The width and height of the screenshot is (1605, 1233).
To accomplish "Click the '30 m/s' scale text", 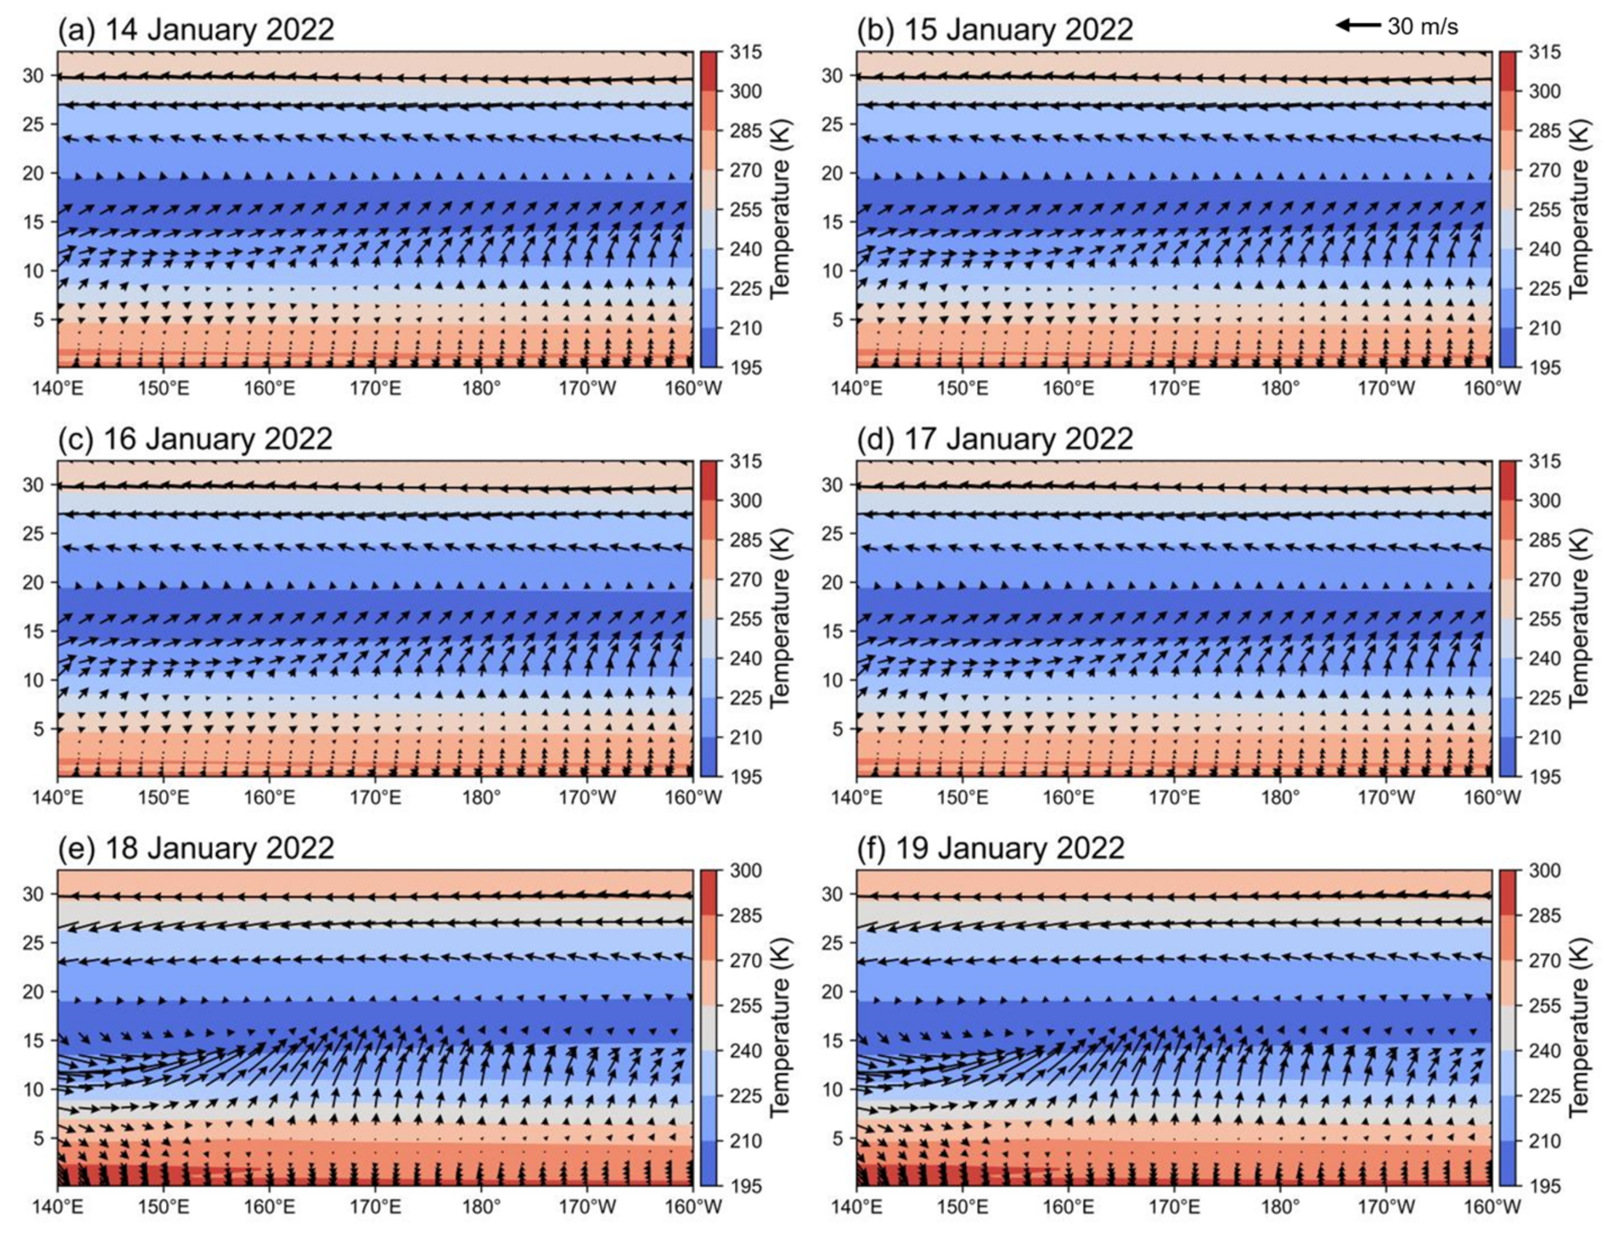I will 1422,27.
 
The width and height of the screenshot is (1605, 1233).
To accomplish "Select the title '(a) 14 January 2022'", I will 196,30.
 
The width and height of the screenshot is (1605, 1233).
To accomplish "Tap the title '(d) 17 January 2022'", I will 994,439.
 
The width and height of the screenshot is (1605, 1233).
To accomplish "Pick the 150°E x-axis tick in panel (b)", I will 962,387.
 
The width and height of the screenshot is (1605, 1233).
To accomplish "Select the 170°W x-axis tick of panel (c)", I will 587,796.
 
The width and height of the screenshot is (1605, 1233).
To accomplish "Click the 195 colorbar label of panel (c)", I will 746,777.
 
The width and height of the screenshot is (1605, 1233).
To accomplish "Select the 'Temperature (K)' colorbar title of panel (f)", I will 1579,1027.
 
